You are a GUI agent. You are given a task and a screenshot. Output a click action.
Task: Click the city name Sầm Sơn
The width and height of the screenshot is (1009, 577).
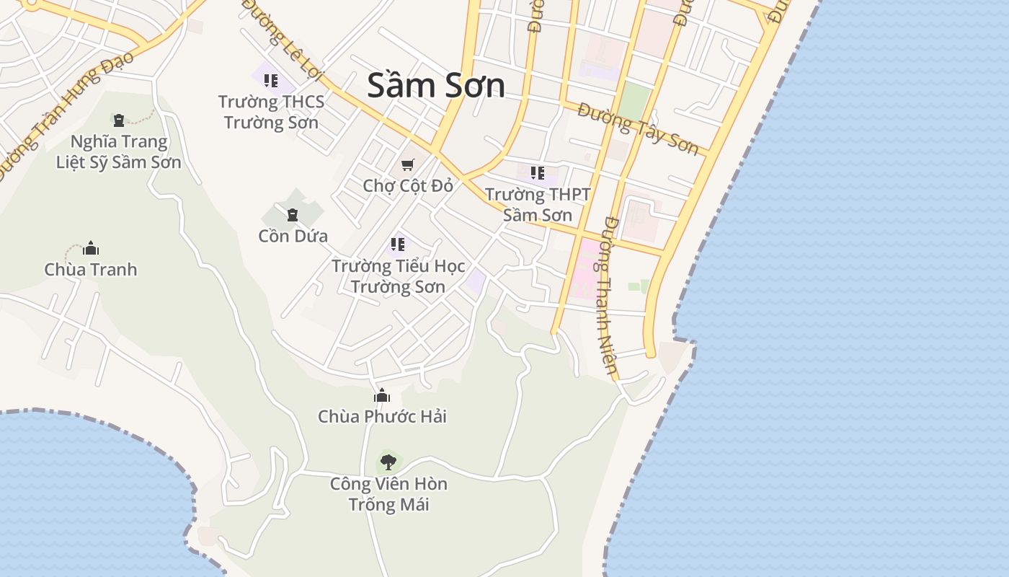[436, 86]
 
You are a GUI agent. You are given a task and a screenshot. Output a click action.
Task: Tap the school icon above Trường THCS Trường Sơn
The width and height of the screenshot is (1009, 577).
[271, 80]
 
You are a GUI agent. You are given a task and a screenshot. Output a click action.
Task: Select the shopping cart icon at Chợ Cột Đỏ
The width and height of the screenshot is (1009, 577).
[408, 164]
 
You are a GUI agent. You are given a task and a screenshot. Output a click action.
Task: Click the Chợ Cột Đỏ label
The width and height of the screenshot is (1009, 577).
[408, 185]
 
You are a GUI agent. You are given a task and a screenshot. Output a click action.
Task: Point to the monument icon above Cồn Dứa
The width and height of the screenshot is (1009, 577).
[293, 214]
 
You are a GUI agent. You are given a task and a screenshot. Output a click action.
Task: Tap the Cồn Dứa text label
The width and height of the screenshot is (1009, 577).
[293, 236]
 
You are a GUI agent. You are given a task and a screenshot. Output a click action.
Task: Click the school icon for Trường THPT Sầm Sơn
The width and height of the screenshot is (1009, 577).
[538, 173]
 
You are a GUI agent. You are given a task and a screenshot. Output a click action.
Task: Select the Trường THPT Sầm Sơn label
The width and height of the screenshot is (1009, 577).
[538, 205]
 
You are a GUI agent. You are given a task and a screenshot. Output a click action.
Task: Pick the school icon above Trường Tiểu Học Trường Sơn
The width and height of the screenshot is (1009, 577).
[398, 245]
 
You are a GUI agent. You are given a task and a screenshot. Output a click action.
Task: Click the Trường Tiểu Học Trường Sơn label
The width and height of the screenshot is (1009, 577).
[398, 276]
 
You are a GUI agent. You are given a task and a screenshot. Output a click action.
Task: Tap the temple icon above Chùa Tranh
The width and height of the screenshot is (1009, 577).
[91, 249]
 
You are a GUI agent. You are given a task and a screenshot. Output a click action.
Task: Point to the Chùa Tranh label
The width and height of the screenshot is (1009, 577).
[91, 270]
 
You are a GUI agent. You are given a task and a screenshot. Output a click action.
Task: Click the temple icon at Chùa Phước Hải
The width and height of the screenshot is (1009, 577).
[382, 395]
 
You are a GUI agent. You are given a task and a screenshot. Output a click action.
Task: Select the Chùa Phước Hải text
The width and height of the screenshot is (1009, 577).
[382, 416]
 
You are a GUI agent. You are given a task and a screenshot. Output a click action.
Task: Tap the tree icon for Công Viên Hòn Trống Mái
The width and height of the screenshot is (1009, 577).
[388, 462]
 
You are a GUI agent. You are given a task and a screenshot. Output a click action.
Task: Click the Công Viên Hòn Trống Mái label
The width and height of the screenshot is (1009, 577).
[388, 494]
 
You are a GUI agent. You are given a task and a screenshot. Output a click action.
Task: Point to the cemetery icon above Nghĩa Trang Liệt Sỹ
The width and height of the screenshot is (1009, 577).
[119, 120]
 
